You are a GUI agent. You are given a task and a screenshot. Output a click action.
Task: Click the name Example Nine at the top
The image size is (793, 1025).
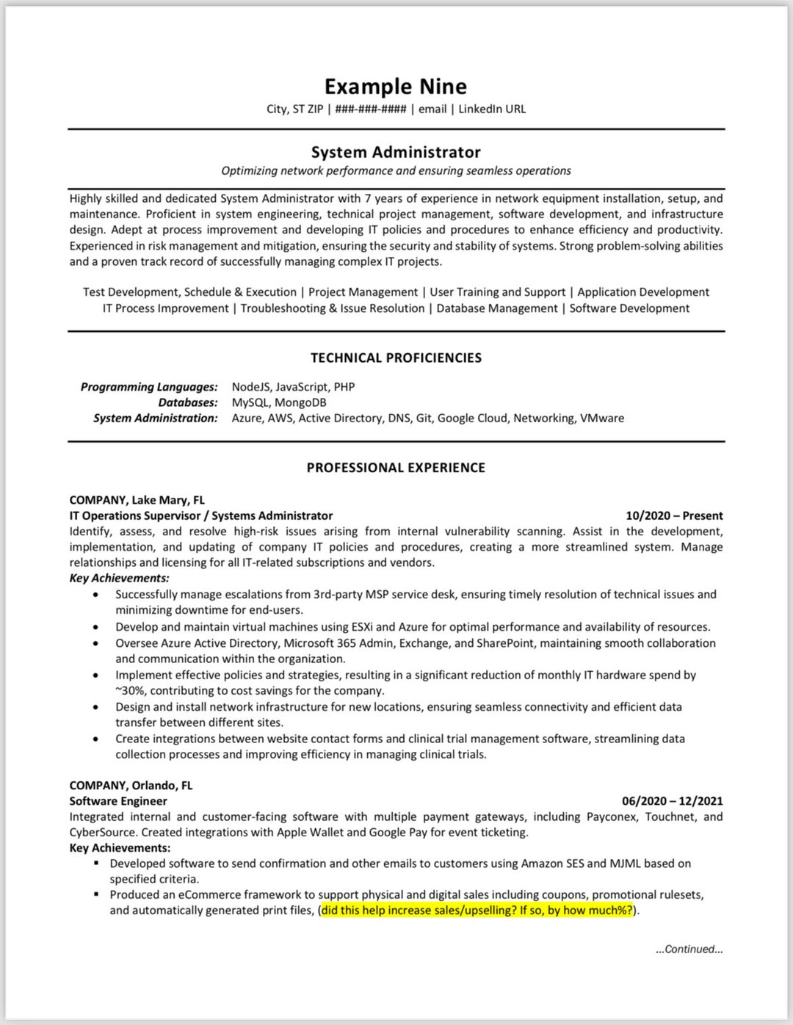pyautogui.click(x=395, y=87)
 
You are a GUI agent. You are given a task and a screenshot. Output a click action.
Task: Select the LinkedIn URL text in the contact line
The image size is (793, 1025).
pyautogui.click(x=492, y=109)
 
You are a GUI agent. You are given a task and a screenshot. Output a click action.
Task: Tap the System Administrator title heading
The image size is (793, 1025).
pyautogui.click(x=396, y=152)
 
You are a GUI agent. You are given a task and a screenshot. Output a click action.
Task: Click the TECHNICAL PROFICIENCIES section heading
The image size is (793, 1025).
pyautogui.click(x=396, y=358)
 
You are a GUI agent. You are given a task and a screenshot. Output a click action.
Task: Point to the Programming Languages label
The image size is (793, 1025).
pyautogui.click(x=149, y=387)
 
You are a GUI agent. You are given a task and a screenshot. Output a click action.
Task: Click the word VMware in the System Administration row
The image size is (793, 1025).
pyautogui.click(x=601, y=419)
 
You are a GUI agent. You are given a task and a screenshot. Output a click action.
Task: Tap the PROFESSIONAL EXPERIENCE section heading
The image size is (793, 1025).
pyautogui.click(x=396, y=468)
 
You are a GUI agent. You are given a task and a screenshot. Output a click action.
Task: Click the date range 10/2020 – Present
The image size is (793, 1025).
pyautogui.click(x=673, y=515)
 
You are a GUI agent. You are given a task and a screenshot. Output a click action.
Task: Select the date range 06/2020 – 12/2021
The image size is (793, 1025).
pyautogui.click(x=672, y=801)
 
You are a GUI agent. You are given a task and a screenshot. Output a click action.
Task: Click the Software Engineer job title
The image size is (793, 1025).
pyautogui.click(x=118, y=801)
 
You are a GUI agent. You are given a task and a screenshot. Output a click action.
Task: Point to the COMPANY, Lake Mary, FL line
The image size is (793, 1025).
pyautogui.click(x=137, y=500)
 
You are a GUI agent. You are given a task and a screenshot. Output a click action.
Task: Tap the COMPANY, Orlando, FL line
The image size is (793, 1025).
pyautogui.click(x=131, y=786)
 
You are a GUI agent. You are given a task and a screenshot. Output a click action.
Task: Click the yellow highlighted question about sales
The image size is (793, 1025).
pyautogui.click(x=477, y=910)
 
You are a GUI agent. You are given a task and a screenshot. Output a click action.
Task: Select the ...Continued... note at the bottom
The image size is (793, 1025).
pyautogui.click(x=689, y=949)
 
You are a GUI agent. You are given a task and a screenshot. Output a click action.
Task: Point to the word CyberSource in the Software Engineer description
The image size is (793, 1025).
pyautogui.click(x=103, y=833)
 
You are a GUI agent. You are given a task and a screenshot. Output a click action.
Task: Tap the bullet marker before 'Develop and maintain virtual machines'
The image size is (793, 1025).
pyautogui.click(x=96, y=628)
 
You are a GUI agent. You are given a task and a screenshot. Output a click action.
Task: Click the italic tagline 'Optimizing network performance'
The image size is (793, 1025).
pyautogui.click(x=396, y=171)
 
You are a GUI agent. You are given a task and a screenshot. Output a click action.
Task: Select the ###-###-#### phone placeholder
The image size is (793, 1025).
pyautogui.click(x=371, y=109)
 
